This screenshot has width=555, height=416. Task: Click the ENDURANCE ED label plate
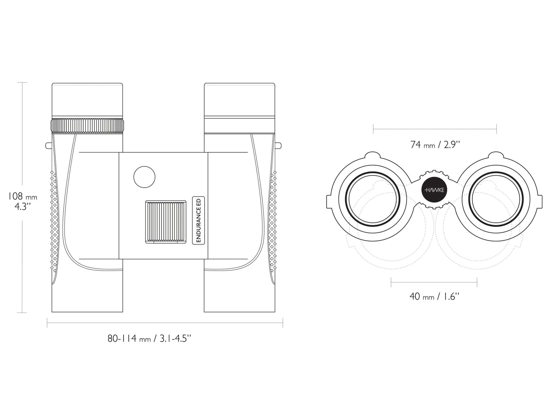198,220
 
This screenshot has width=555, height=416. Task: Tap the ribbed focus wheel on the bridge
166,222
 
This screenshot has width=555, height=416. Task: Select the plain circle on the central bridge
144,177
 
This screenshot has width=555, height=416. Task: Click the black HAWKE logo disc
434,190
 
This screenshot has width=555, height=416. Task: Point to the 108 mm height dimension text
22,201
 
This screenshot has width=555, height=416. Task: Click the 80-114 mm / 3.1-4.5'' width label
150,339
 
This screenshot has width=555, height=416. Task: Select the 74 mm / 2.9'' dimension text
435,145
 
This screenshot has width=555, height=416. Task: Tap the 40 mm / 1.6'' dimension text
435,296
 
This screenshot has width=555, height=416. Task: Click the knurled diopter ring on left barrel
87,126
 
